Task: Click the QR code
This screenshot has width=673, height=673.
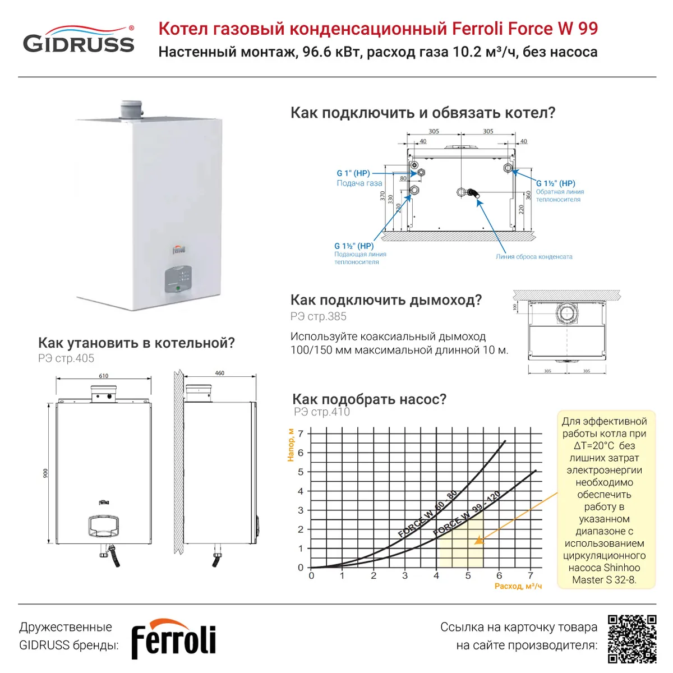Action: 631,638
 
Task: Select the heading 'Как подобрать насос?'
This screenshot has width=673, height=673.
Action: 369,399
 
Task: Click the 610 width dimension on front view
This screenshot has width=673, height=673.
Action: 104,376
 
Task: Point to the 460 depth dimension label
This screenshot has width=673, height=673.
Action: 219,373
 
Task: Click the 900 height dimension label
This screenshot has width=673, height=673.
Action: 46,473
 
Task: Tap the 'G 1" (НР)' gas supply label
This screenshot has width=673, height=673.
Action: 353,173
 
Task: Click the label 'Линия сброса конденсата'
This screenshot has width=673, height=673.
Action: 534,257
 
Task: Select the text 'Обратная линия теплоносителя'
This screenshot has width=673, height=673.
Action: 559,196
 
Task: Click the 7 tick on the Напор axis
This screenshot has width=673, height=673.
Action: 301,434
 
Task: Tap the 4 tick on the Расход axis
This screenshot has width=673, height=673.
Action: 436,576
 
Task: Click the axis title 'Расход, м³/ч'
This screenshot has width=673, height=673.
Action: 518,586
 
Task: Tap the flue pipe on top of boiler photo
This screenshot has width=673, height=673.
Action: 132,109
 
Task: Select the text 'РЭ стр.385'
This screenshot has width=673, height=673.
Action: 319,316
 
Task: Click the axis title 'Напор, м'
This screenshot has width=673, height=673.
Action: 291,444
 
